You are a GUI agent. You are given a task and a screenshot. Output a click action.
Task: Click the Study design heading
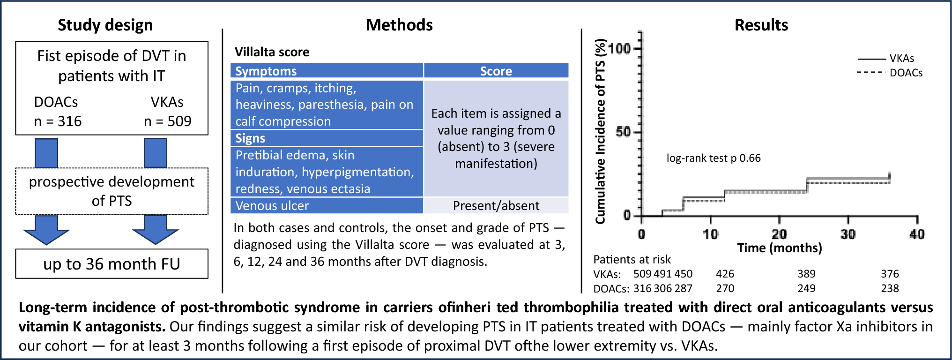[x=105, y=25]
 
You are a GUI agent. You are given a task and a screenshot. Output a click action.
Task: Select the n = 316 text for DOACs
[x=58, y=121]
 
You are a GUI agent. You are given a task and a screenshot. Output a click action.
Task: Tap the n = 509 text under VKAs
[x=167, y=121]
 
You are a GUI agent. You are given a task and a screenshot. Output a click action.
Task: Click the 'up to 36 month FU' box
[x=112, y=264]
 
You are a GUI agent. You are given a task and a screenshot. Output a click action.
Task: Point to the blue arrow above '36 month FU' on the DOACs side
[x=46, y=230]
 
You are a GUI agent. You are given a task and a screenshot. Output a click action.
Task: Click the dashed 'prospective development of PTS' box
[x=112, y=191]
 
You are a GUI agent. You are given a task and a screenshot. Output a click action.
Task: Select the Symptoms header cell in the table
[x=266, y=71]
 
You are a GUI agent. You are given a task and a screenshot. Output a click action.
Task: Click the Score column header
[x=496, y=71]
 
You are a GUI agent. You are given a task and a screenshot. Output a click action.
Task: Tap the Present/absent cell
[x=496, y=206]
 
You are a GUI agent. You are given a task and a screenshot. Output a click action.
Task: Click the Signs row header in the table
[x=250, y=138]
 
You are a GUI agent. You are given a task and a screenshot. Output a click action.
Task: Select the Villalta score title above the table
[x=272, y=52]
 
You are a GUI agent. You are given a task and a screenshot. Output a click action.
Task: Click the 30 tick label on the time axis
[x=848, y=234]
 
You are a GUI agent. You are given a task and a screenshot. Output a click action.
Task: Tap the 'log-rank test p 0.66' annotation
[x=713, y=158]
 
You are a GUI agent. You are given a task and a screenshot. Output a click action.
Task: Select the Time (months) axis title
[x=779, y=248]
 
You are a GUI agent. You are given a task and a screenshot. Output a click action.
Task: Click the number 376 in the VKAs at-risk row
[x=889, y=274]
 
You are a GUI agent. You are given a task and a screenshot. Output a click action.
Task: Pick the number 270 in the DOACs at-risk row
[x=725, y=288]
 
